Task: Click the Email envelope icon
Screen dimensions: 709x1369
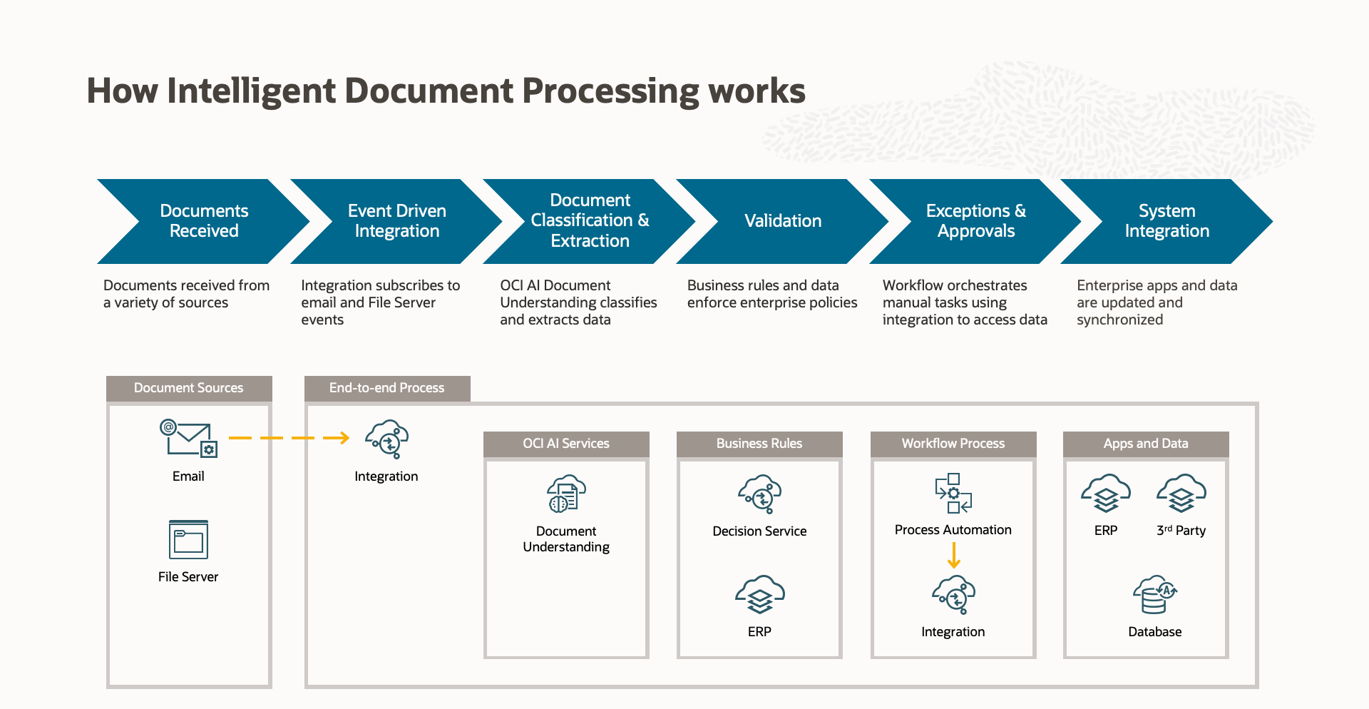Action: pos(188,438)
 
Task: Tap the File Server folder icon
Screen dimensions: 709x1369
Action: pos(189,540)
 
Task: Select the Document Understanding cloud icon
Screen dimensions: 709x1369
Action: pos(566,494)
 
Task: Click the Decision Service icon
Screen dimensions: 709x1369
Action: pos(759,494)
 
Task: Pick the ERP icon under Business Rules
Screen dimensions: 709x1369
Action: pos(759,594)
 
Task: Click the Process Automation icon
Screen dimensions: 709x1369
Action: pos(953,493)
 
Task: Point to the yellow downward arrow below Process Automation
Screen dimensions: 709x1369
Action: pos(954,555)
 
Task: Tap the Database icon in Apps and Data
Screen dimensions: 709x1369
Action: pos(1154,594)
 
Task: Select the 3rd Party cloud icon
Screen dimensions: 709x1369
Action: pos(1181,494)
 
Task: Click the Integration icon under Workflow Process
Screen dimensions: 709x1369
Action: pos(953,594)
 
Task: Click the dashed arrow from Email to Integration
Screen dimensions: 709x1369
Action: pos(289,437)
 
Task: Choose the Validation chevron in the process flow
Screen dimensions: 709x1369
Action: pos(782,221)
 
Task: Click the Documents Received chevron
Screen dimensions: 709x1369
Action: pos(203,221)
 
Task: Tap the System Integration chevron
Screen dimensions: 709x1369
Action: pos(1167,221)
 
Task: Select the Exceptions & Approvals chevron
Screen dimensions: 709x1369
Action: pos(975,221)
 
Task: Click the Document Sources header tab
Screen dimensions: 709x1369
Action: pos(189,388)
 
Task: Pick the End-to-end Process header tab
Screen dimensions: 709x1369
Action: pos(387,388)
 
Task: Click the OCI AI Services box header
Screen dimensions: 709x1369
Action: pos(566,444)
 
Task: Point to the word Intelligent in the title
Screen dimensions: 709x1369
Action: pos(251,91)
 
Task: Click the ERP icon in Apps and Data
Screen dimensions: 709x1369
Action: pos(1106,494)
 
